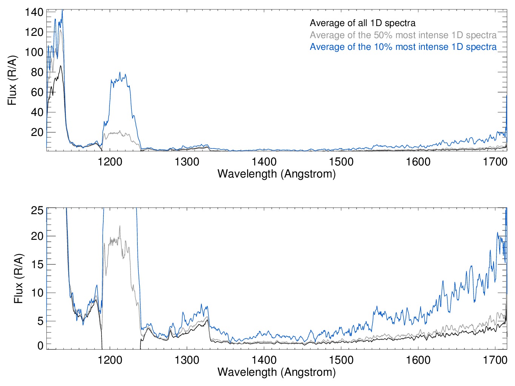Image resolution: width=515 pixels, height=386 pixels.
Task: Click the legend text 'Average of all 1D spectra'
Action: coord(363,23)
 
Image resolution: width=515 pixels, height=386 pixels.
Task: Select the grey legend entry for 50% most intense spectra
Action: coord(403,35)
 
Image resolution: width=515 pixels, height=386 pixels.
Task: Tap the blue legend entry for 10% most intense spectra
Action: coord(403,47)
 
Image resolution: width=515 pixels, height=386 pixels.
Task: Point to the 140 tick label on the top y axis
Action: coord(34,12)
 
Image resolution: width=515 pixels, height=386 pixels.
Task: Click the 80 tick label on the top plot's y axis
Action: coord(37,72)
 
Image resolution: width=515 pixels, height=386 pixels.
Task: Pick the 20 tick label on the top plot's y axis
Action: coord(37,132)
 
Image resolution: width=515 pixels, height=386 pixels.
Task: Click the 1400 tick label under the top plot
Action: coord(264,162)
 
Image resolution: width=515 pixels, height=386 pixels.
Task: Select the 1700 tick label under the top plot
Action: coord(495,162)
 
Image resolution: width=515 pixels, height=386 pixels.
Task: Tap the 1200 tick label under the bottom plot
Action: coord(110,360)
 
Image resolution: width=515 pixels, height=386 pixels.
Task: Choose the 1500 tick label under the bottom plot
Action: coord(341,360)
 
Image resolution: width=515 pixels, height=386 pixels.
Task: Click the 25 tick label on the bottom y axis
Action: coord(37,210)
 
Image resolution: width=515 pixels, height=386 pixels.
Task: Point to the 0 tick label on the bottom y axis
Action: coord(40,346)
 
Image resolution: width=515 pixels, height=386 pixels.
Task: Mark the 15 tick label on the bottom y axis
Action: coord(37,264)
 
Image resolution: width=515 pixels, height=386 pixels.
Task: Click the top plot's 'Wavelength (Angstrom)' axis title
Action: coord(277,174)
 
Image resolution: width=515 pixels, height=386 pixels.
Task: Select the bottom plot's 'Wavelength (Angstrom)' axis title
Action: coord(277,372)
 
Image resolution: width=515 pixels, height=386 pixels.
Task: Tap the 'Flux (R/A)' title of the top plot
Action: coord(12,80)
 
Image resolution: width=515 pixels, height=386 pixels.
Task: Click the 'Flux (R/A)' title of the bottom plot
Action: coord(18,278)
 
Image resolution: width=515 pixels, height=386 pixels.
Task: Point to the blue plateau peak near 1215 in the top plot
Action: coord(120,73)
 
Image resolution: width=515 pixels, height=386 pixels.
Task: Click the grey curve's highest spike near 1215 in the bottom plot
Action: coord(120,226)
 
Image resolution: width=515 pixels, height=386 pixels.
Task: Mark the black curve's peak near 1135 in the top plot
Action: coord(60,66)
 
